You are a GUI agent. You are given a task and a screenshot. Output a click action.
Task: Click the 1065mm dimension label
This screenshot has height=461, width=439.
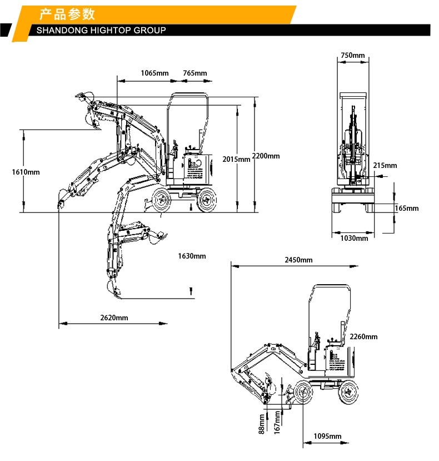tap(154, 73)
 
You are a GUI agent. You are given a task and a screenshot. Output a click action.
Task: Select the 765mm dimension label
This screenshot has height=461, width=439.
tap(194, 73)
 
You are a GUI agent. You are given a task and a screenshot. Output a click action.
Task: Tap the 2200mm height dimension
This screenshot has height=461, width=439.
tap(266, 156)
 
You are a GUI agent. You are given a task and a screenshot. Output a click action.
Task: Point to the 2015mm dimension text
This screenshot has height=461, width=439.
tap(236, 159)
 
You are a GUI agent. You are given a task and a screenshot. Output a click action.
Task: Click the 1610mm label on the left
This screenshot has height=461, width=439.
tap(26, 172)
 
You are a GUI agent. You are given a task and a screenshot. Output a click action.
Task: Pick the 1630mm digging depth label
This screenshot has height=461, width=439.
tap(192, 256)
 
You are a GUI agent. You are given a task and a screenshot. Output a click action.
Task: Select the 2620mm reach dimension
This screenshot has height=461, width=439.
tap(114, 318)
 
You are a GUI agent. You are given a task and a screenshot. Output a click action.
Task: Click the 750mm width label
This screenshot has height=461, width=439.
tap(352, 55)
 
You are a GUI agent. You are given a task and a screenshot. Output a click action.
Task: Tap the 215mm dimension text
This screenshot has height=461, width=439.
tap(385, 165)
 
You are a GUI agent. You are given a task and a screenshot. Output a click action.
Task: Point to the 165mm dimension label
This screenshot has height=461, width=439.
tap(407, 209)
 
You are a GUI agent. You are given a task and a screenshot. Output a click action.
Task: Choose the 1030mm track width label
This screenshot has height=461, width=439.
tap(354, 238)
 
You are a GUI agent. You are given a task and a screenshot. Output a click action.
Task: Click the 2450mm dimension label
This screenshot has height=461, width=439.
tap(298, 260)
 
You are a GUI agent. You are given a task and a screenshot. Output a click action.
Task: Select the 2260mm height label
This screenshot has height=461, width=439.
tap(363, 336)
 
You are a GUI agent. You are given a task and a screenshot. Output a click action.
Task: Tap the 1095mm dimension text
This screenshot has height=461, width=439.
tap(327, 437)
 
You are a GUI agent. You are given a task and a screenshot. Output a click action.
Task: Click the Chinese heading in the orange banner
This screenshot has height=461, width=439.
tap(67, 14)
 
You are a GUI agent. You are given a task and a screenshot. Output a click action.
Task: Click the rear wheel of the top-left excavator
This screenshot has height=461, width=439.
tap(207, 200)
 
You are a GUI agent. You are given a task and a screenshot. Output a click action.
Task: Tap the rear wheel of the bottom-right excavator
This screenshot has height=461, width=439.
tap(348, 390)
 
